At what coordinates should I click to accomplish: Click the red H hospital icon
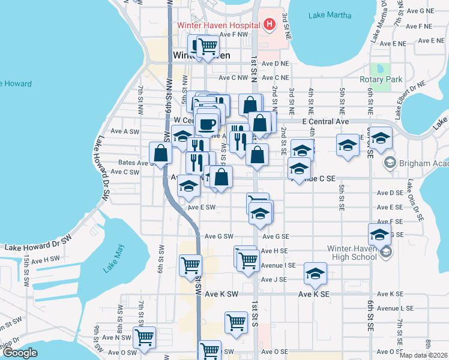270,25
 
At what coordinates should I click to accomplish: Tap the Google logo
19,353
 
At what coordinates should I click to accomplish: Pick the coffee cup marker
207,124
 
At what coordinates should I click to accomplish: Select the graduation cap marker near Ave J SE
315,274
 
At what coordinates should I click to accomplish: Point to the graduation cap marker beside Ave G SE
379,235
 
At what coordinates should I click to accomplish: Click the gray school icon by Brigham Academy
390,163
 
